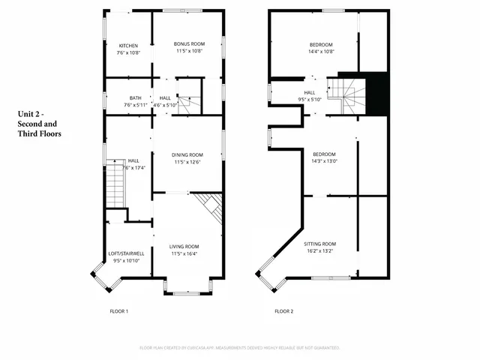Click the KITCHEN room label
[x=127, y=45]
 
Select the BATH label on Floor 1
[x=135, y=97]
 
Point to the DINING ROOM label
[x=187, y=154]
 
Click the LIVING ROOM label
[x=184, y=246]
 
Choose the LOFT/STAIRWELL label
[x=127, y=253]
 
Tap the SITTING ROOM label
[x=319, y=244]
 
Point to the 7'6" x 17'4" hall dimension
[x=133, y=167]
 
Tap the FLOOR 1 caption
[x=119, y=310]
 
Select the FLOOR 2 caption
[x=283, y=310]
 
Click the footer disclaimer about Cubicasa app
[x=240, y=348]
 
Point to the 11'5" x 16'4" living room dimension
[x=184, y=253]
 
